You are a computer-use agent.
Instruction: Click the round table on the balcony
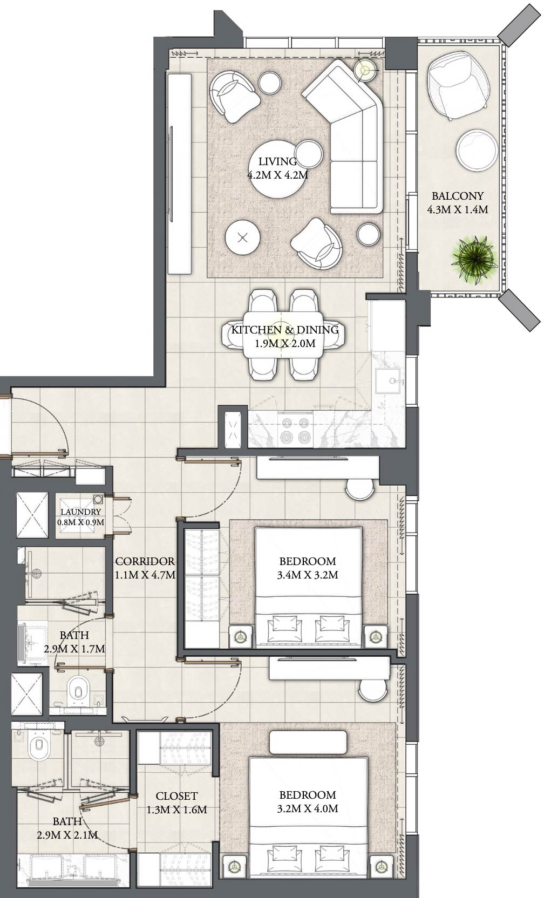(x=477, y=149)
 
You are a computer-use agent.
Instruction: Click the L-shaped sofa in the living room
(x=351, y=135)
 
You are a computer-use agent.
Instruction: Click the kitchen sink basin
(x=388, y=383)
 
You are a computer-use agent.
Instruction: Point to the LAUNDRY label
(x=80, y=512)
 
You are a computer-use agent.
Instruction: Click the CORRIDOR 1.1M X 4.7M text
(x=145, y=568)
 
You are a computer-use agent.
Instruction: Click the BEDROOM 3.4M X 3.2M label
(x=307, y=568)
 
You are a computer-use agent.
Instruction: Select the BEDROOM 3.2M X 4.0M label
(x=307, y=801)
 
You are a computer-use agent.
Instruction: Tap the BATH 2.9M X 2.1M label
(x=67, y=828)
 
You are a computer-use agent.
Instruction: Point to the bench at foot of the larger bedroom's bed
(x=308, y=743)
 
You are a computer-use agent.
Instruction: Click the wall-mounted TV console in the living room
(x=179, y=174)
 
